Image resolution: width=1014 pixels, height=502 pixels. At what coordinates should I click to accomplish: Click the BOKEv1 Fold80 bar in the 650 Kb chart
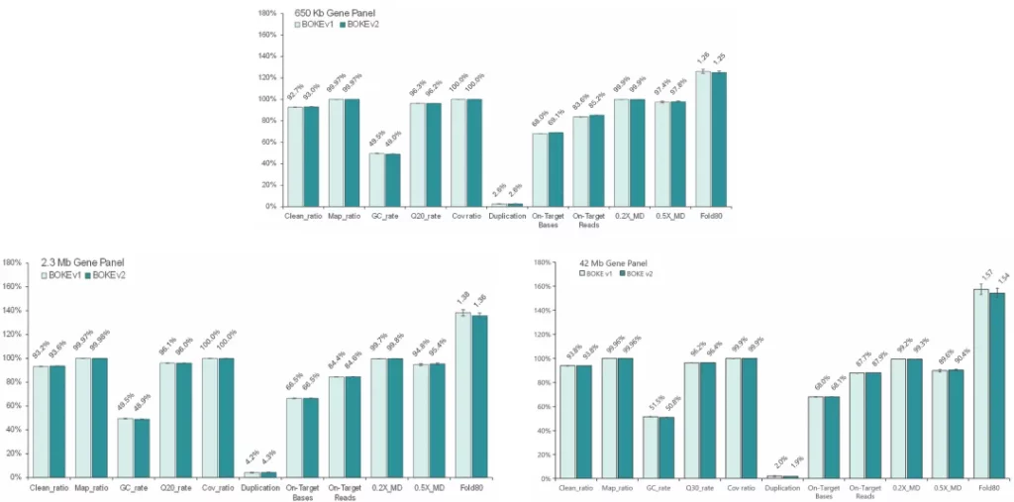(703, 139)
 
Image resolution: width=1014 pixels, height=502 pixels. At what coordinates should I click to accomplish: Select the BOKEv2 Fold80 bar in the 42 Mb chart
(997, 386)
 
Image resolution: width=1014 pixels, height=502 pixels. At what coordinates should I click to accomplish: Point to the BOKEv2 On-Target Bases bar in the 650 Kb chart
(555, 169)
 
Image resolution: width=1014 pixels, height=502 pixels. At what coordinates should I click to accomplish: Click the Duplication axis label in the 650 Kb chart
(508, 215)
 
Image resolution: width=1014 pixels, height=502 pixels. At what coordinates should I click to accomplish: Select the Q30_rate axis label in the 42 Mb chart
(690, 488)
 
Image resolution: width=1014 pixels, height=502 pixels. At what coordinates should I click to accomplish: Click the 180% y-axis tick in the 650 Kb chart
(266, 13)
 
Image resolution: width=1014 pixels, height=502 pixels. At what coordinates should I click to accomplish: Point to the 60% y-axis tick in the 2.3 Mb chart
(13, 406)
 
